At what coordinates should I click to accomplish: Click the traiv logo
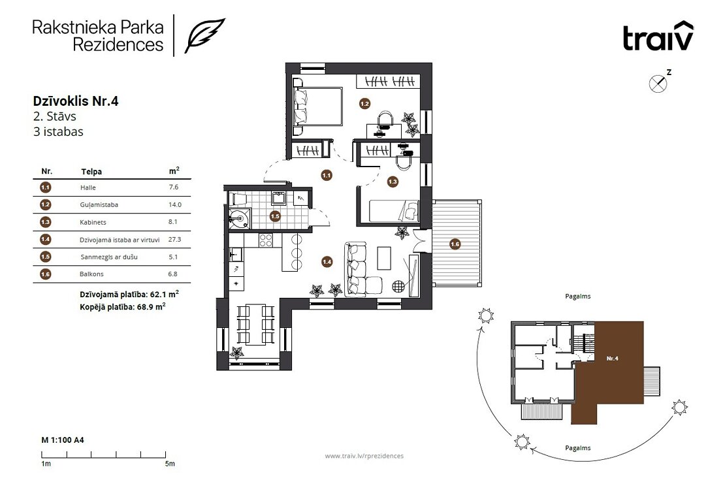click(658, 36)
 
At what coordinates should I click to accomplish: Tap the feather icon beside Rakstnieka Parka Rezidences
click(205, 35)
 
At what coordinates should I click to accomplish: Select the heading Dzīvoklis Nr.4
click(76, 101)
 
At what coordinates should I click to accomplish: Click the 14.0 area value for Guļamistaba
click(175, 204)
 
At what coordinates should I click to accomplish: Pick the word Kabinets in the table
click(93, 222)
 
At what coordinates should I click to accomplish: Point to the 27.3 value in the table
click(175, 240)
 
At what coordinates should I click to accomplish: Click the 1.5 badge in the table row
click(45, 257)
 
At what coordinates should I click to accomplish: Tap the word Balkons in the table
click(91, 274)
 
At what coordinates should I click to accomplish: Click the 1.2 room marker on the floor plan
click(365, 104)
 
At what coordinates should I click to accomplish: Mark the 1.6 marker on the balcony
click(455, 244)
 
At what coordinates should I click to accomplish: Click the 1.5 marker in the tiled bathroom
click(275, 216)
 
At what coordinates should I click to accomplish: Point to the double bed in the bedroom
click(317, 106)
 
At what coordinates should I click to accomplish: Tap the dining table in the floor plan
click(255, 325)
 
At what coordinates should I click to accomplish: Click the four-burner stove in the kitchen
click(266, 240)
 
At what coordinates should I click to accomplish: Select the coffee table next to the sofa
click(384, 258)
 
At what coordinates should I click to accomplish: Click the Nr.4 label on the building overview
click(612, 359)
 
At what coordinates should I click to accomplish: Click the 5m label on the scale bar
click(170, 464)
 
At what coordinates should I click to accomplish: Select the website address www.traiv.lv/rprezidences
click(364, 456)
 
